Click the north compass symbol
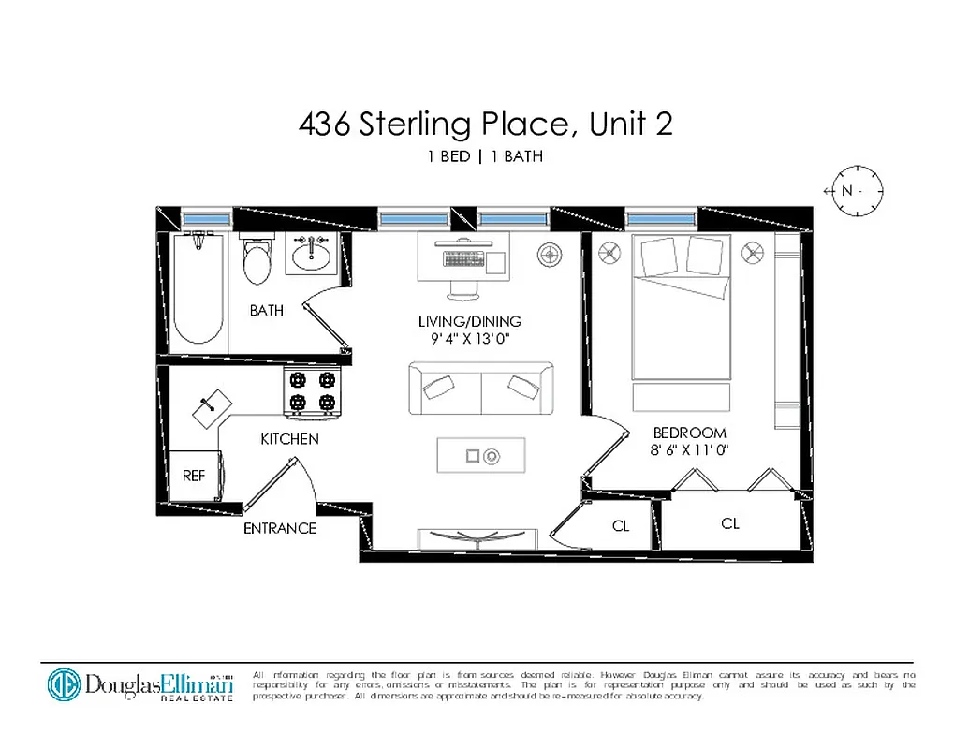(853, 191)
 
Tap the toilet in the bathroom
(256, 259)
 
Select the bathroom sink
(310, 253)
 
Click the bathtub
(198, 290)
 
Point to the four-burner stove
(312, 391)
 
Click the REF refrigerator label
(194, 476)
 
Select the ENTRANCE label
(280, 528)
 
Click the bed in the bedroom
(682, 309)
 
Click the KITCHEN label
(289, 439)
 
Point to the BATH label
(267, 310)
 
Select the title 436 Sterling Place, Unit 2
(485, 124)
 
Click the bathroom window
(206, 217)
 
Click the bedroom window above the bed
(661, 217)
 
